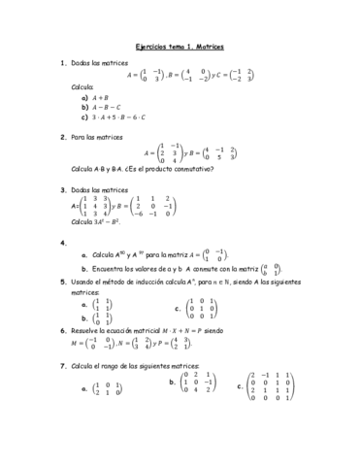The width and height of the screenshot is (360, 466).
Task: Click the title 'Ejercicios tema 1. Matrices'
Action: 180,47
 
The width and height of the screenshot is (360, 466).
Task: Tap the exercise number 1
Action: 62,63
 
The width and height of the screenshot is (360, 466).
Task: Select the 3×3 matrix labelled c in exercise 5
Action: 202,310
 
